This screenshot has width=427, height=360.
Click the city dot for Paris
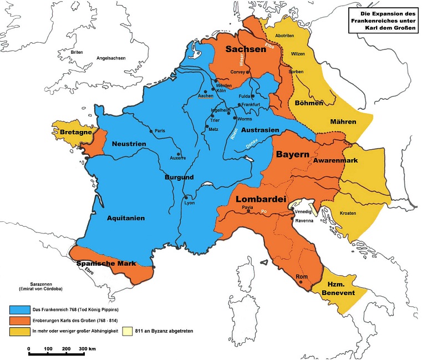(151, 131)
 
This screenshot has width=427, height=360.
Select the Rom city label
(302, 276)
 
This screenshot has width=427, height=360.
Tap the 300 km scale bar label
(88, 348)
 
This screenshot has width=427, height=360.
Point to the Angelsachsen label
(111, 58)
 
